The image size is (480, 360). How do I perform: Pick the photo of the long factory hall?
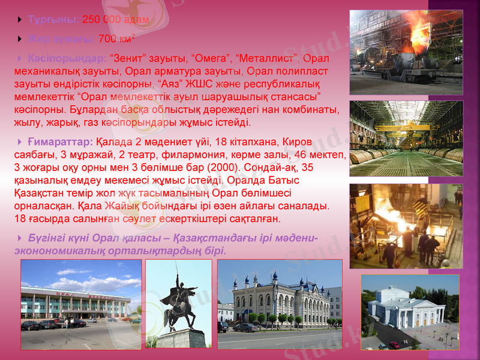(406, 133)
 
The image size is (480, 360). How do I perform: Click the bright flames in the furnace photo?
(396, 216)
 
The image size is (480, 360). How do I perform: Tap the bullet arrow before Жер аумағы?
(22, 40)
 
